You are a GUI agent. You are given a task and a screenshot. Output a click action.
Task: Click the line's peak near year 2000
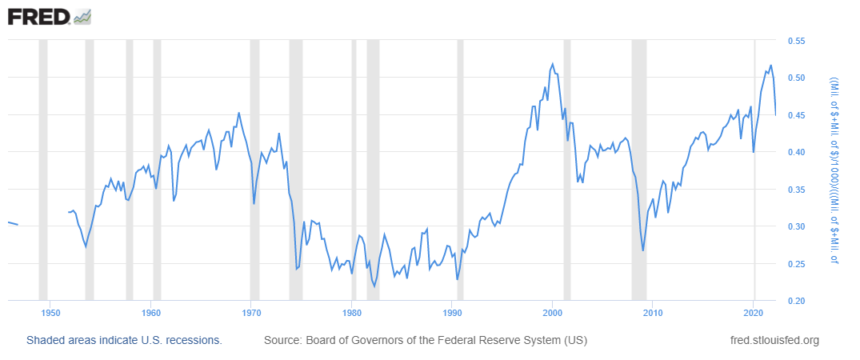(553, 64)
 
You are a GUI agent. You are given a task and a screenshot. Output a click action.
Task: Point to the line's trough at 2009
(643, 250)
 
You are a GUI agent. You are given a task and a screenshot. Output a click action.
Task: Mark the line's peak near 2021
(770, 66)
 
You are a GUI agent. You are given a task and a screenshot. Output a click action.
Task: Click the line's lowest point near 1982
(374, 286)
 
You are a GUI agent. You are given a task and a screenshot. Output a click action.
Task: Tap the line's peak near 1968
(238, 113)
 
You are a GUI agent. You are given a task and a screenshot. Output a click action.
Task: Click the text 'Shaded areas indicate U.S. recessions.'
(124, 341)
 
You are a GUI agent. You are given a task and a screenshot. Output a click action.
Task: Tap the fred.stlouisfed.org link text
(775, 341)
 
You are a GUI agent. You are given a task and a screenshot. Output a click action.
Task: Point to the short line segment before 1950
(13, 223)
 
